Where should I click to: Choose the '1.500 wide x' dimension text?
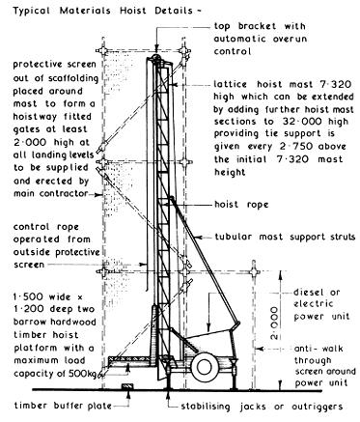click(x=43, y=293)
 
